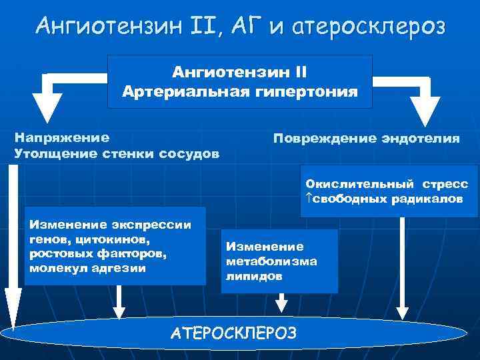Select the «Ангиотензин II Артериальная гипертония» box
[239, 81]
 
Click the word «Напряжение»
[62, 137]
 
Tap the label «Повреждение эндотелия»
[366, 138]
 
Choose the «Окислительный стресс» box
[389, 191]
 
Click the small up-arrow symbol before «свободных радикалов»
[309, 199]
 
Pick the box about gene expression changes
[115, 246]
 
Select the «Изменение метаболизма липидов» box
[280, 261]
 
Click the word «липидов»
[245, 275]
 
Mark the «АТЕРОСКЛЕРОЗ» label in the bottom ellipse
[233, 333]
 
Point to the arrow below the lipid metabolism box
[283, 303]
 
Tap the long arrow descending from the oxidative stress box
[401, 267]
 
